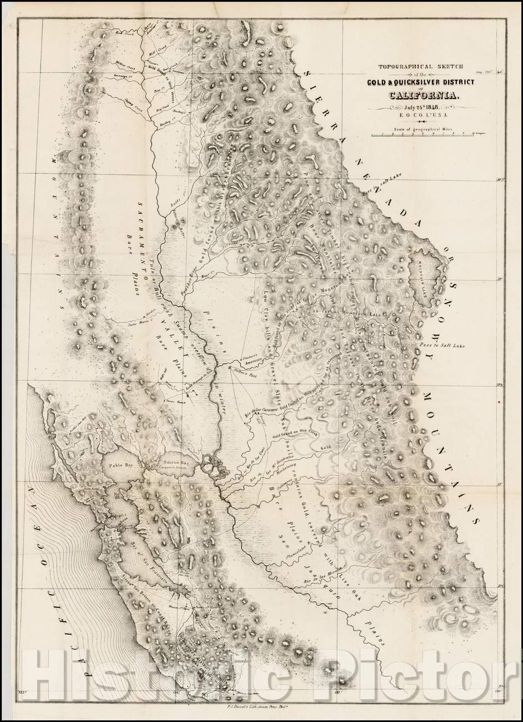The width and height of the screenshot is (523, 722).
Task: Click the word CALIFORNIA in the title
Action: click(x=424, y=95)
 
